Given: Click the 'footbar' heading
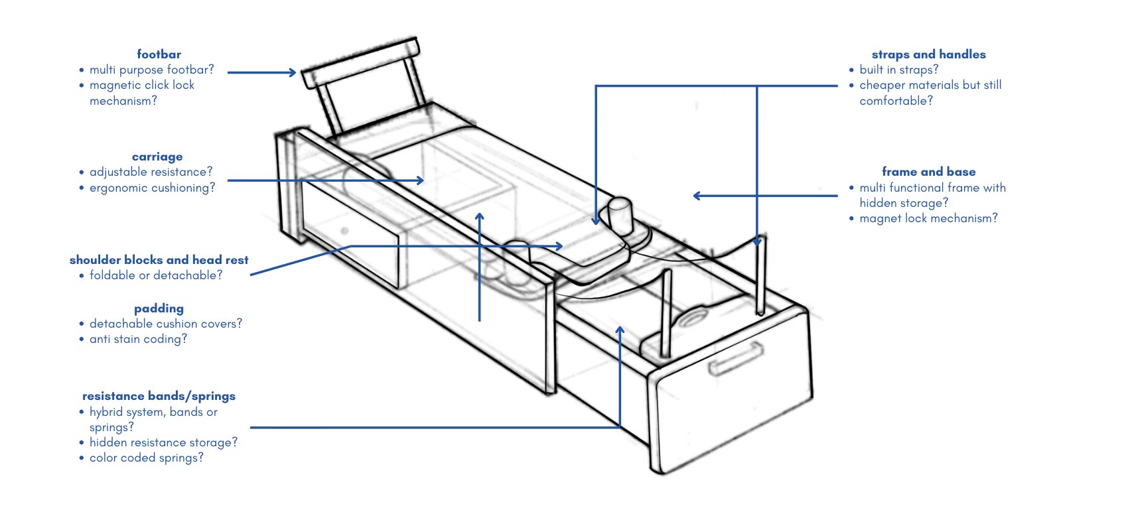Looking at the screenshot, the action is (x=159, y=54).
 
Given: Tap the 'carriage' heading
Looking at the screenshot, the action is (x=157, y=157).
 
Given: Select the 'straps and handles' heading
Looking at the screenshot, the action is (x=928, y=54).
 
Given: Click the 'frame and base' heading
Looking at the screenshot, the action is (x=928, y=172).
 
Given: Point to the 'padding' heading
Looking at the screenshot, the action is (x=159, y=308).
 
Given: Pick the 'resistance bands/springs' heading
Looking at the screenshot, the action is (x=159, y=396).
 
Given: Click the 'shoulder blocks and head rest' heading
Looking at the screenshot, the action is (x=159, y=260).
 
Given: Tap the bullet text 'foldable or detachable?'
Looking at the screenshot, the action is (x=156, y=275).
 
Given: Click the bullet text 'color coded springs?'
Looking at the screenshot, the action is (x=146, y=458).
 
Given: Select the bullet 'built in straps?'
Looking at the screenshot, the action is (x=899, y=70).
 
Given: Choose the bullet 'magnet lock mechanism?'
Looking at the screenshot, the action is (x=928, y=218).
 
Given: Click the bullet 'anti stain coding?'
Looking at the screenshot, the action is (x=138, y=340).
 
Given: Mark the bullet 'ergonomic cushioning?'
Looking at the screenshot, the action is (x=152, y=188).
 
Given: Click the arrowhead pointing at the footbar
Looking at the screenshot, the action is (x=293, y=72).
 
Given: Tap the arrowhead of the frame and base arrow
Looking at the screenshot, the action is (x=697, y=196).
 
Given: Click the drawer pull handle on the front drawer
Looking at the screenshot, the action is (x=737, y=358).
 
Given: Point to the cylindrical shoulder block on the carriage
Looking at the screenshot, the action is (x=620, y=216).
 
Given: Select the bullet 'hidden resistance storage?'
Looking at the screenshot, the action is (x=163, y=442).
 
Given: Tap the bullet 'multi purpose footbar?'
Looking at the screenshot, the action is (x=151, y=70).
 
